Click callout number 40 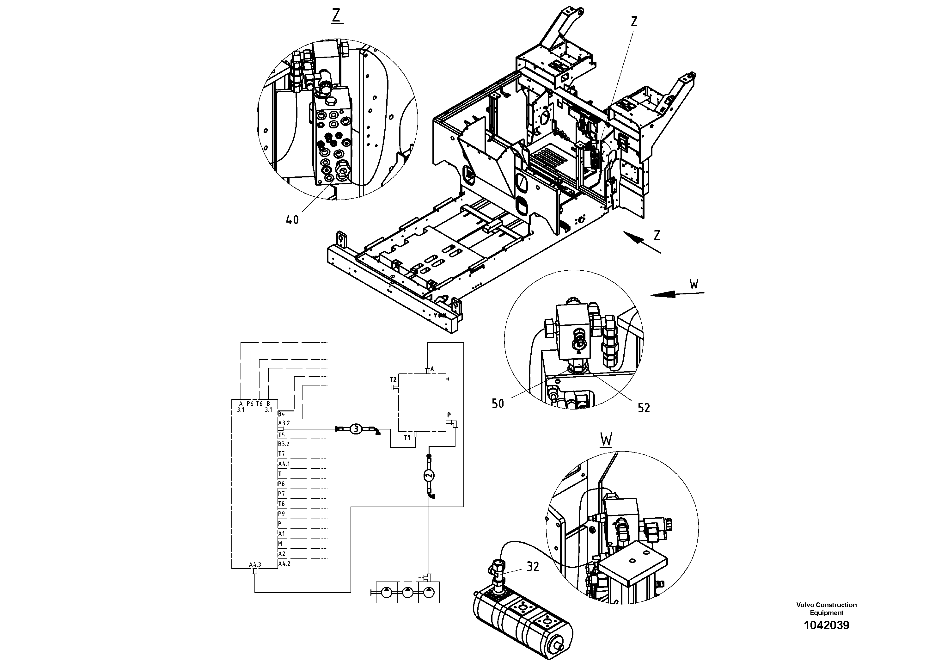pos(292,220)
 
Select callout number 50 pos(498,403)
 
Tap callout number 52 pos(644,408)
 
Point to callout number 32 pos(532,567)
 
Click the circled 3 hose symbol pos(356,429)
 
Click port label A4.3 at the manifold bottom pos(255,564)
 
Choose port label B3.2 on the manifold pos(284,444)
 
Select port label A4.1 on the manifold pos(284,464)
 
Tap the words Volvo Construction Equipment pos(826,608)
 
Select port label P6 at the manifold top pos(250,404)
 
